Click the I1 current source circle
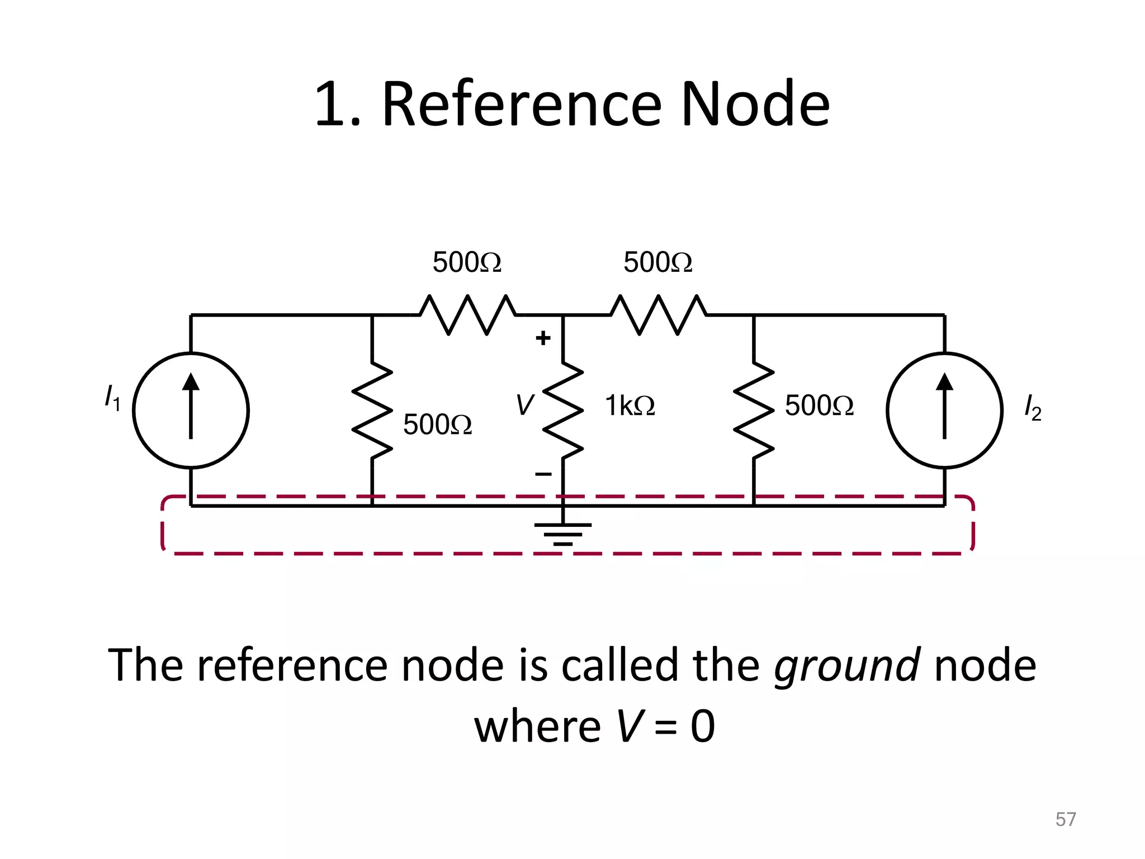(x=191, y=410)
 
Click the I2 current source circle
(x=944, y=410)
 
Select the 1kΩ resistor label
(x=630, y=405)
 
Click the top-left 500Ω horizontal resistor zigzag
(x=468, y=315)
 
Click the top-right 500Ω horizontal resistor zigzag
(x=658, y=315)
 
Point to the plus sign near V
(x=543, y=338)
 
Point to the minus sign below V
(x=543, y=475)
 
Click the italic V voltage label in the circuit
(x=524, y=405)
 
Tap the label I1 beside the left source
(x=112, y=398)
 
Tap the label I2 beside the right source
(x=1032, y=408)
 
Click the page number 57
(x=1066, y=819)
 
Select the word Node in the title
(x=755, y=104)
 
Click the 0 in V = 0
(x=703, y=726)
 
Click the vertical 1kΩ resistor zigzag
(x=563, y=410)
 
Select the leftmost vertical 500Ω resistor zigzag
(x=372, y=410)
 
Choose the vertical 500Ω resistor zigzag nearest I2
(x=754, y=410)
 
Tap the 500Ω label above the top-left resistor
(x=467, y=262)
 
